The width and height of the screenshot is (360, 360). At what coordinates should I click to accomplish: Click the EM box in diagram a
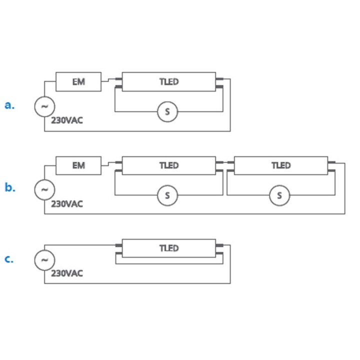point(78,82)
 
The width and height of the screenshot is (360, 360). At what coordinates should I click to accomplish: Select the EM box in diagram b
point(78,165)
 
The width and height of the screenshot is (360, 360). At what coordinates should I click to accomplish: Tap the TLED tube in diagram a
point(169,82)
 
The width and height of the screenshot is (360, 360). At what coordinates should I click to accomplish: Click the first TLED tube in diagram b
point(169,165)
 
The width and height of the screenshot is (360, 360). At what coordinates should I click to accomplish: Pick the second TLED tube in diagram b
point(280,165)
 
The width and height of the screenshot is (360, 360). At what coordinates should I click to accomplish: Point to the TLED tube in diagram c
point(169,248)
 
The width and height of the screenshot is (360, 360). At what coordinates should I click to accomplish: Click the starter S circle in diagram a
point(168,112)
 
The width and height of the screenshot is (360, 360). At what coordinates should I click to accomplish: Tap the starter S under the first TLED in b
point(168,195)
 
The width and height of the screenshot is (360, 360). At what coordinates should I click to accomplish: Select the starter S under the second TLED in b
point(279,195)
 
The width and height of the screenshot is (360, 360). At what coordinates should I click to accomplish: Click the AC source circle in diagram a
point(44,106)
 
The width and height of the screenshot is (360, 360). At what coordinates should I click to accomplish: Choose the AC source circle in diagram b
point(44,189)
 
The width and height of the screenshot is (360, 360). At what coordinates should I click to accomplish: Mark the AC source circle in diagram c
point(44,260)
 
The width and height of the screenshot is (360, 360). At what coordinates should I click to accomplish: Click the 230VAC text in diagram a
point(67,120)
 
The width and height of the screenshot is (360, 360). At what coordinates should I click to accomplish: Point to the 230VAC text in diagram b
point(67,204)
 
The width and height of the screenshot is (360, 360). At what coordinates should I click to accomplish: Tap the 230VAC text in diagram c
point(67,273)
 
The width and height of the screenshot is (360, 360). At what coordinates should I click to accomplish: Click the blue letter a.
point(9,105)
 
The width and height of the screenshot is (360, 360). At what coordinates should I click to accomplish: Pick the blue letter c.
point(9,259)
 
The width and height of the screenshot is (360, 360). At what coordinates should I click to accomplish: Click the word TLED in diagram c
point(169,248)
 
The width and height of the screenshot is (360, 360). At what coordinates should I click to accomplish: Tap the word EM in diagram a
point(78,82)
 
